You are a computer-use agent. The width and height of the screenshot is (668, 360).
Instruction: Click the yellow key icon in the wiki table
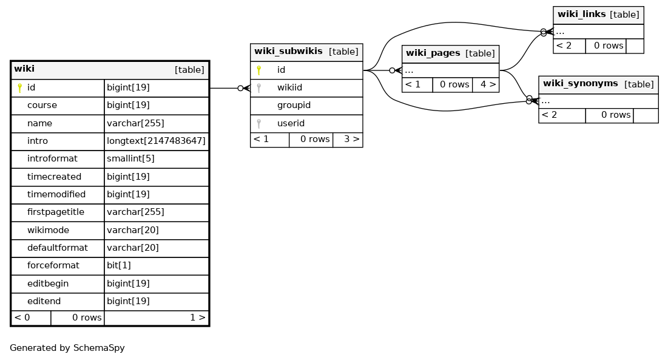(19, 88)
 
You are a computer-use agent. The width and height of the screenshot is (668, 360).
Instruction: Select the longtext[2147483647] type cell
(157, 141)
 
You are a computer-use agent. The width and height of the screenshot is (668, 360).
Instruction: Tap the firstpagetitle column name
(56, 212)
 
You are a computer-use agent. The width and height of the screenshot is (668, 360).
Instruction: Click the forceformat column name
(53, 265)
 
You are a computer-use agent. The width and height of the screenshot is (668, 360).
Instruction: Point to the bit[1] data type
(119, 265)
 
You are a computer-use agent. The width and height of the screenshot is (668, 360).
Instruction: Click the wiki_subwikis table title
(288, 51)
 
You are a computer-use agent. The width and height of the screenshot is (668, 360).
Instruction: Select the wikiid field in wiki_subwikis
(289, 87)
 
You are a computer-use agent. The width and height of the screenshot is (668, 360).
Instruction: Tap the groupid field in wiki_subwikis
(294, 105)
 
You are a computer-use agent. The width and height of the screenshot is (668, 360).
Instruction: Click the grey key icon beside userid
(258, 124)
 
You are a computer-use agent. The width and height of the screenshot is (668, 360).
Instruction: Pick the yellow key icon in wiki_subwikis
(258, 70)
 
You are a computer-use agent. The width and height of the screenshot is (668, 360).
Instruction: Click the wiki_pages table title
(433, 53)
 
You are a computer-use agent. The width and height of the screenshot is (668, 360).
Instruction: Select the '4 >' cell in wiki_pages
(485, 85)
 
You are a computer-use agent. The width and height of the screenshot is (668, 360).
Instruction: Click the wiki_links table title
(581, 14)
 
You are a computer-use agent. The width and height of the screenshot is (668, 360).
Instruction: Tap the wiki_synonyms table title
(580, 84)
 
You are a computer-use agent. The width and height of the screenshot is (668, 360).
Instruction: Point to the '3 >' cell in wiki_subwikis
(348, 140)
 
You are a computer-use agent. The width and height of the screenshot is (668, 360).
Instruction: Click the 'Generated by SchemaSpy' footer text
(67, 348)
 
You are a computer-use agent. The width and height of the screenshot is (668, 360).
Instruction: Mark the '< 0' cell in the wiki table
(31, 318)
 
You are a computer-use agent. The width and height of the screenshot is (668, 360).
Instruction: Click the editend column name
(44, 301)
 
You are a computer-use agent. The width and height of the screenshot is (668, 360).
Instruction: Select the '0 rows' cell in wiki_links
(606, 46)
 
